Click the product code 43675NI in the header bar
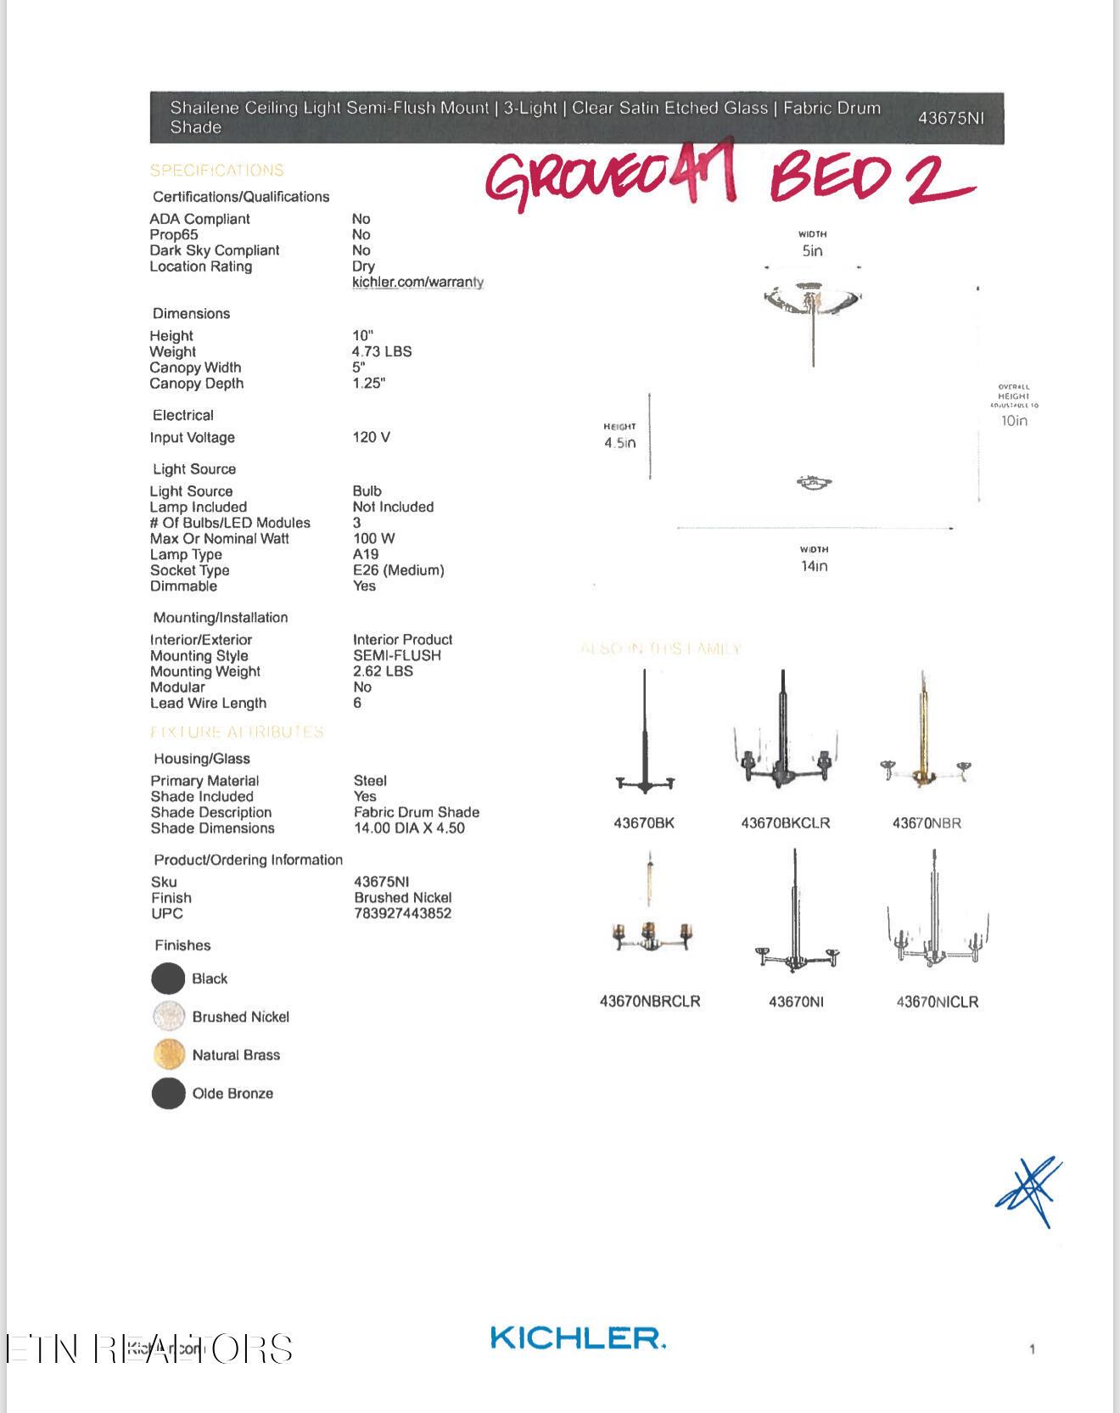tap(950, 118)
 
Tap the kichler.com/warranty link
tap(417, 282)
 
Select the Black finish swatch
tap(168, 978)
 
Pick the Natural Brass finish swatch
tap(169, 1055)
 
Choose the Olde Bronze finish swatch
tap(168, 1093)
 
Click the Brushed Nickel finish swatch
tap(169, 1017)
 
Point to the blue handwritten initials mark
tap(1029, 1191)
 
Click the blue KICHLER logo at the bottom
tap(577, 1338)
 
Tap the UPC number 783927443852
tap(403, 913)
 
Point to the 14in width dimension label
tap(814, 566)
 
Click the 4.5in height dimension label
tap(619, 443)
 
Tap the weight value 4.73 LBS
tap(382, 351)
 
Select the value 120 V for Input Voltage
tap(372, 437)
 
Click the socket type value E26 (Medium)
tap(399, 570)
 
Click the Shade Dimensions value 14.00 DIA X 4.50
tap(409, 828)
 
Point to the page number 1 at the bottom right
tap(1032, 1349)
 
